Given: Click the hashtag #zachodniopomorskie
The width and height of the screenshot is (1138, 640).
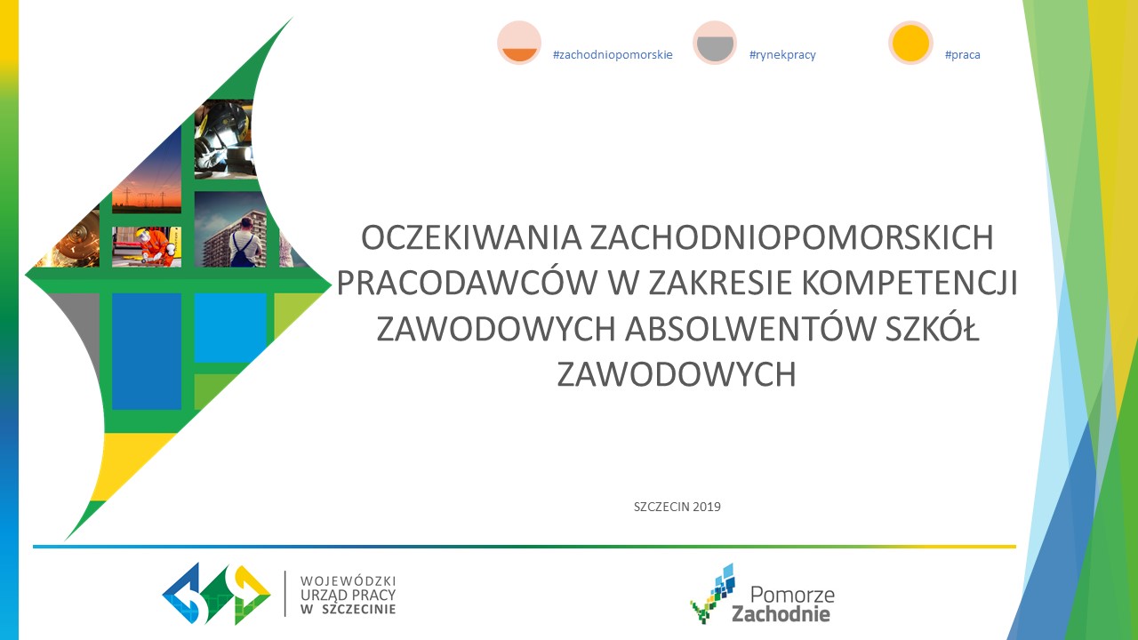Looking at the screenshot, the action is coord(613,55).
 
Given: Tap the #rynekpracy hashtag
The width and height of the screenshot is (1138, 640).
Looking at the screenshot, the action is coord(782,55).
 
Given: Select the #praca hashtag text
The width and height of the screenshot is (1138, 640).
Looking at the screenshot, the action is coord(963,55).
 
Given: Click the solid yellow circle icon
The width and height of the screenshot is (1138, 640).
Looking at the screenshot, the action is coord(910,43).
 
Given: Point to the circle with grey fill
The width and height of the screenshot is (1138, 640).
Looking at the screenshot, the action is coord(715,43).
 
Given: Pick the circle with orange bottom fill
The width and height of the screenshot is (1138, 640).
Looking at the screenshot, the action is coord(519,43).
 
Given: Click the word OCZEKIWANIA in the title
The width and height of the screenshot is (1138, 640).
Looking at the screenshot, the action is coord(471,237).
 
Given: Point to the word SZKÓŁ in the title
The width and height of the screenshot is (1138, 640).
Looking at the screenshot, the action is coord(932,329).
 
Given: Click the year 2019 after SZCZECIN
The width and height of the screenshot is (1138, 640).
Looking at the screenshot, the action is coord(706,507).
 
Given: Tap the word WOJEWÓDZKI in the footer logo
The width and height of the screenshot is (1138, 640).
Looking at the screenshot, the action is coord(348,580).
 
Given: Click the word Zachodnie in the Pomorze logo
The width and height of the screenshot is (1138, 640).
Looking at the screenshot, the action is coord(781,614).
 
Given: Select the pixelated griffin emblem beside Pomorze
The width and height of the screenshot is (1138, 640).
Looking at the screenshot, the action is coord(712,593).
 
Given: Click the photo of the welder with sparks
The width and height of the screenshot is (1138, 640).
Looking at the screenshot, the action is coord(223,140).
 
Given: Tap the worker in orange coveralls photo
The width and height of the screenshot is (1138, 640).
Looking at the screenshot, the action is coord(147,247).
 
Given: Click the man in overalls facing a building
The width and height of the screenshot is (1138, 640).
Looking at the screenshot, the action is coord(231,229).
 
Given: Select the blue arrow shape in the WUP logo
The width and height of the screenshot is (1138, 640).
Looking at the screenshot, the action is coord(182,593).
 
